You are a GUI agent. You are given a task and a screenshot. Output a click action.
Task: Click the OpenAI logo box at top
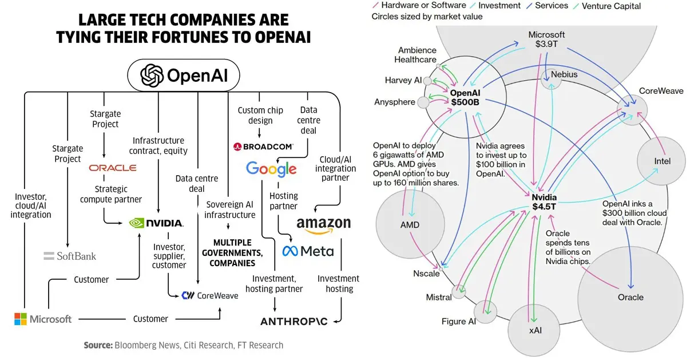pos(183,75)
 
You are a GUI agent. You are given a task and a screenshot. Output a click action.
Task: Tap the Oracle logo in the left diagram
pos(113,168)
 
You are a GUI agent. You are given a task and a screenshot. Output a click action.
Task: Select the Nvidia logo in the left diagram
pos(156,223)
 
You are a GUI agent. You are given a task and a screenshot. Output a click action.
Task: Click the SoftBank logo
pos(70,256)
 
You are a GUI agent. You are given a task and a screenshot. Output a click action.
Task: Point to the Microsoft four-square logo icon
pos(21,319)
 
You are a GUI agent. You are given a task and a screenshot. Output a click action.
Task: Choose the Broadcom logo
pos(263,147)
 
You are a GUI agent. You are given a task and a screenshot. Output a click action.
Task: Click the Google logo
pos(271,169)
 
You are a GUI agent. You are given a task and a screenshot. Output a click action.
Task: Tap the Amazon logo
pos(323,224)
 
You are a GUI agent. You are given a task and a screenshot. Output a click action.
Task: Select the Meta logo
pos(308,251)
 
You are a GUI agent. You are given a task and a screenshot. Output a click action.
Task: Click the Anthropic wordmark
pos(294,321)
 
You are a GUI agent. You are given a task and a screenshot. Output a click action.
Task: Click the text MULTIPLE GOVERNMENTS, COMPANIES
pos(232,253)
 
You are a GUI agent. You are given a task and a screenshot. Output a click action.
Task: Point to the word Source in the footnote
pos(98,345)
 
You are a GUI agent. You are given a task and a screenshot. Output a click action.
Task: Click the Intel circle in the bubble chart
pos(661,161)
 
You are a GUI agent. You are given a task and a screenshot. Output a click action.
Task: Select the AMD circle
pos(409,224)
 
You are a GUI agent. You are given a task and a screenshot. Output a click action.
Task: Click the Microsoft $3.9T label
pos(546,39)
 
